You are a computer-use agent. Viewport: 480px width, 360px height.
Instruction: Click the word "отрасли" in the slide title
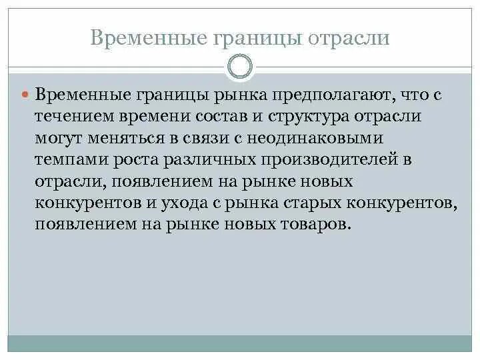347,38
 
